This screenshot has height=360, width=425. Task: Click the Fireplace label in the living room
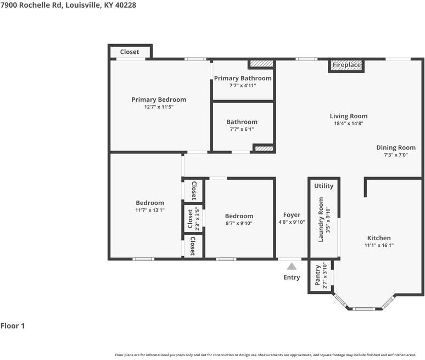[x=346, y=65]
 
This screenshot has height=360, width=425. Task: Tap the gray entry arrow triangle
[x=292, y=267]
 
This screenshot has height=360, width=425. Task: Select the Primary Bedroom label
[x=159, y=99]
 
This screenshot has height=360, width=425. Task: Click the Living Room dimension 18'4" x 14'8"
[x=349, y=123]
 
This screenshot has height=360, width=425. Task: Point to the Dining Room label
[x=396, y=148]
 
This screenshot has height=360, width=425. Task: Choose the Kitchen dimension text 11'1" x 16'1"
[x=379, y=245]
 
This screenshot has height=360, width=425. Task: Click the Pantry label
[x=318, y=275]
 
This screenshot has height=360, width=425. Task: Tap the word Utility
[x=323, y=186]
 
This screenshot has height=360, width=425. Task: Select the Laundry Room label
[x=321, y=219]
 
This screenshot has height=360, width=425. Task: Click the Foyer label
[x=292, y=215]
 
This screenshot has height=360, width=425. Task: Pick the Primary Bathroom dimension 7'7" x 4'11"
[x=243, y=85]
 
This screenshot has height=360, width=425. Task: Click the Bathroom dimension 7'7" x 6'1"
[x=242, y=129]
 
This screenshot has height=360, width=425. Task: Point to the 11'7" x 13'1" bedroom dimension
[x=150, y=210]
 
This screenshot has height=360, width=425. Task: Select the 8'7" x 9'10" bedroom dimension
[x=239, y=223]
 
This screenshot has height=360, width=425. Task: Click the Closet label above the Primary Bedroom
[x=130, y=52]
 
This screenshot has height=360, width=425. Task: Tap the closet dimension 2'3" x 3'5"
[x=197, y=219]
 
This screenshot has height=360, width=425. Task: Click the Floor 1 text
[x=13, y=326]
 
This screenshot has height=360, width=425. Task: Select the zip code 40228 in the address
[x=126, y=5]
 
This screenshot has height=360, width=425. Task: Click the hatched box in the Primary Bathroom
[x=261, y=64]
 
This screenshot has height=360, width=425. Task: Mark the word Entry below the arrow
[x=292, y=278]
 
